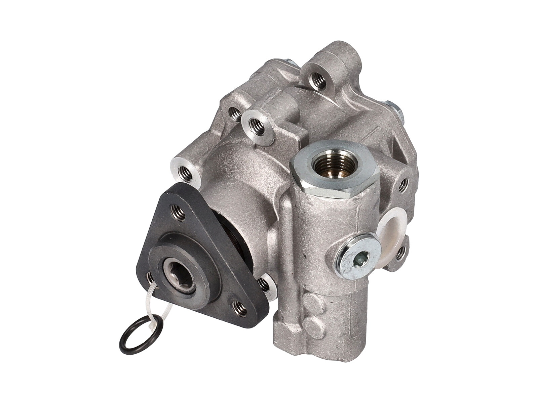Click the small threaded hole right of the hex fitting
(403, 183)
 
